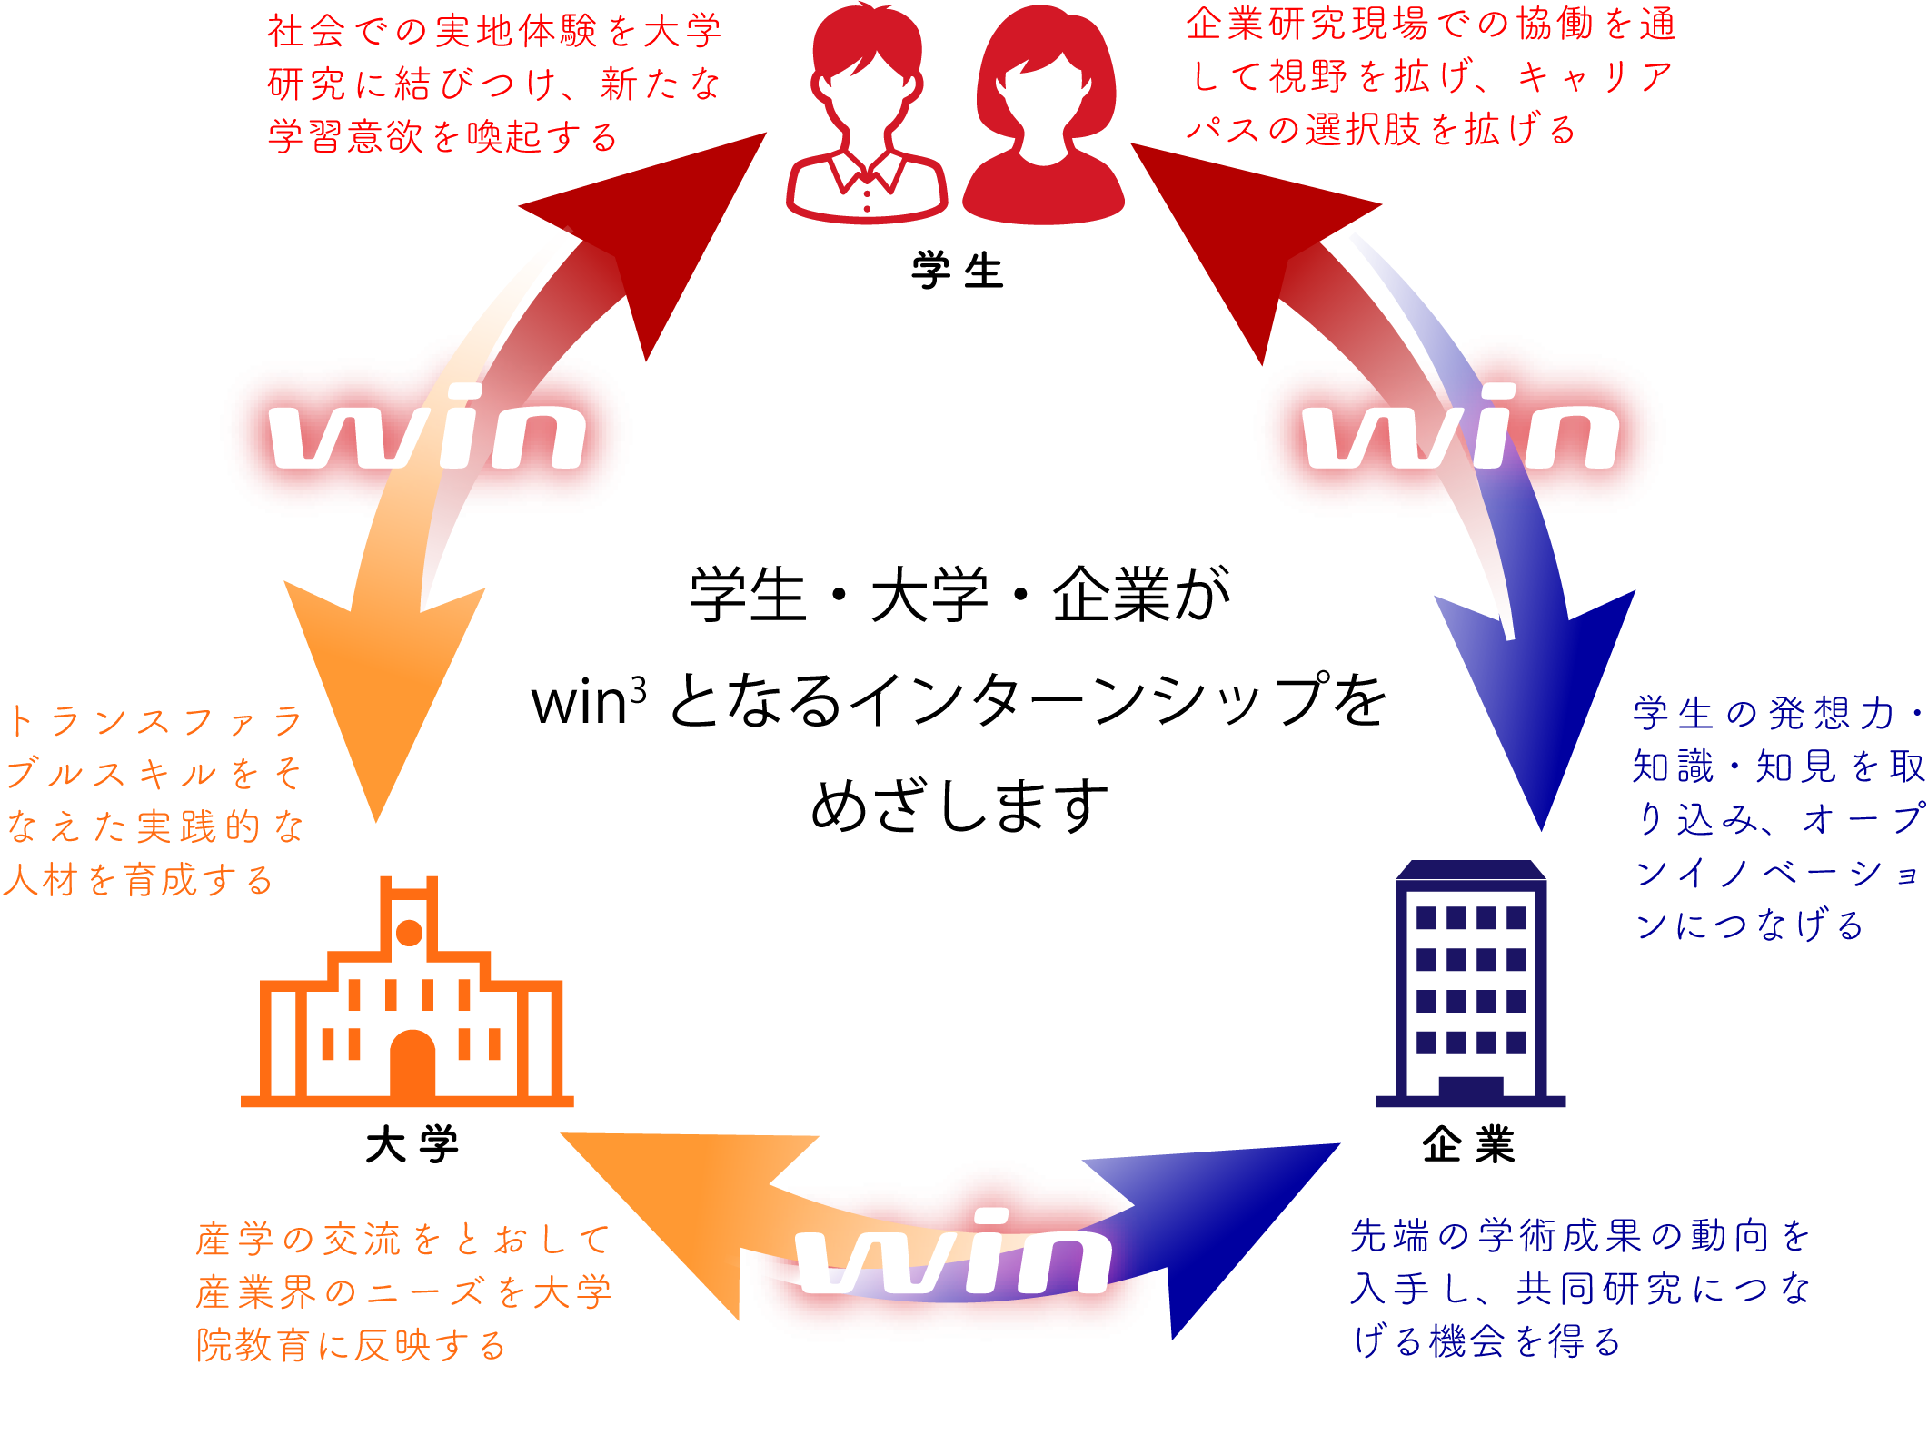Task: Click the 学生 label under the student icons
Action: click(958, 272)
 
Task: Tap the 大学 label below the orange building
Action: click(412, 1144)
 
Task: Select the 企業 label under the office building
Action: click(1469, 1144)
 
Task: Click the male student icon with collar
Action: click(867, 114)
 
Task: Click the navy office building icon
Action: click(1471, 984)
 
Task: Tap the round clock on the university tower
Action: click(410, 933)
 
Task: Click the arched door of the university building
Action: click(412, 1064)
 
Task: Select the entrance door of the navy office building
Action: click(1471, 1088)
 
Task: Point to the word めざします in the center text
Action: click(959, 806)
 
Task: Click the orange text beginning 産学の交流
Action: click(404, 1291)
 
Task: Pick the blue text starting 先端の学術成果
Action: click(1581, 1288)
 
